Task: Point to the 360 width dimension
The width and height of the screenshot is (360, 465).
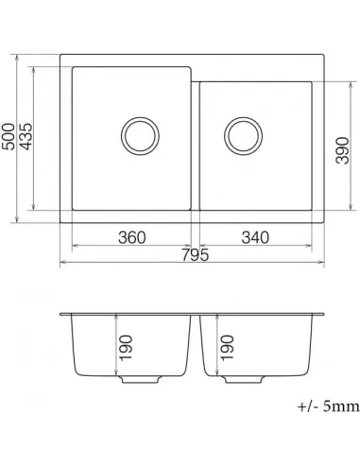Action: click(x=132, y=236)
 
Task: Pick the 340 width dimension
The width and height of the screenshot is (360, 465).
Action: click(x=256, y=236)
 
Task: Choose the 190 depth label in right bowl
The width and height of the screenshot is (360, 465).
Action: click(x=226, y=351)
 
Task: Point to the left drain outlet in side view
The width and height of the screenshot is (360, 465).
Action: click(x=139, y=380)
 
